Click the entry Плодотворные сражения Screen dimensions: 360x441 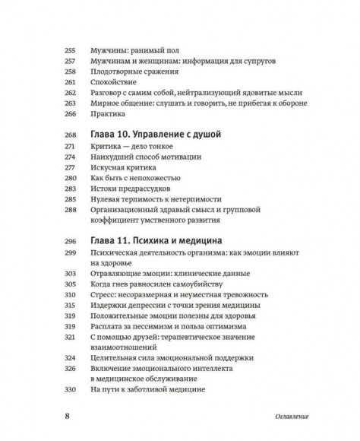click(134, 68)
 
